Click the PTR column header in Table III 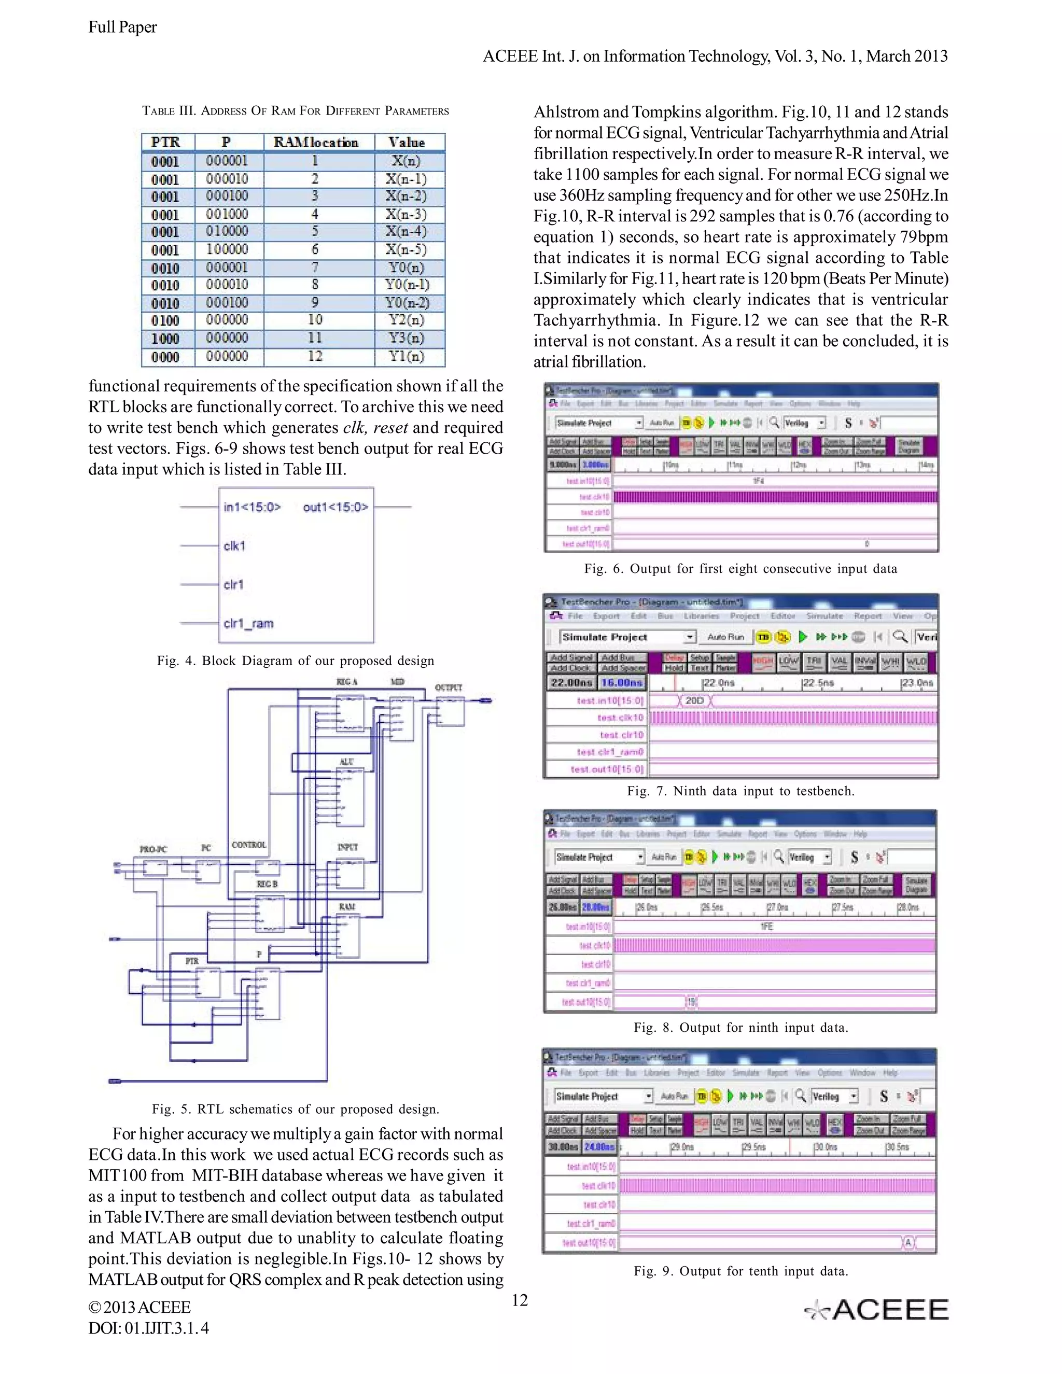pos(165,142)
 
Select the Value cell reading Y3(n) pos(406,338)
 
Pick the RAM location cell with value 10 pos(315,319)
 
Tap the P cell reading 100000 pos(227,249)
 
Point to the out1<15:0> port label pos(336,507)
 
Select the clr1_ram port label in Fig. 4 pos(248,623)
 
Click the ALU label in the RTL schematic pos(347,761)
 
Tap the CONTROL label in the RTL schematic pos(248,845)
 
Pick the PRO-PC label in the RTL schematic pos(153,849)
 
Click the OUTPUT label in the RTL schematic pos(449,688)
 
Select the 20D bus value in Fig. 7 pos(694,700)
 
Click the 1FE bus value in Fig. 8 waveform pos(766,927)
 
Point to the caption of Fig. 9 pos(740,1271)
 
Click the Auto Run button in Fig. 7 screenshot pos(725,637)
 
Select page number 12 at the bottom pos(520,1300)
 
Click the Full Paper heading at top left pos(123,27)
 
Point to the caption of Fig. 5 pos(295,1109)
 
